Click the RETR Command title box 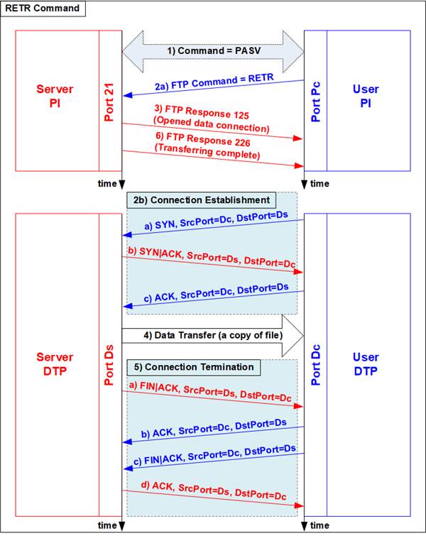[43, 9]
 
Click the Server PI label [55, 96]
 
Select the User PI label [366, 96]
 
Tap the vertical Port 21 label [109, 102]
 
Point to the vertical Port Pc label [315, 102]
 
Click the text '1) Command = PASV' [214, 51]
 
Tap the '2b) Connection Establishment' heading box [202, 200]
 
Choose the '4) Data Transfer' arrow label [213, 335]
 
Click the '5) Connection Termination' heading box [194, 367]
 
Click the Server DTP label [55, 363]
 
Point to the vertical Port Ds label [109, 365]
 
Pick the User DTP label [366, 363]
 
